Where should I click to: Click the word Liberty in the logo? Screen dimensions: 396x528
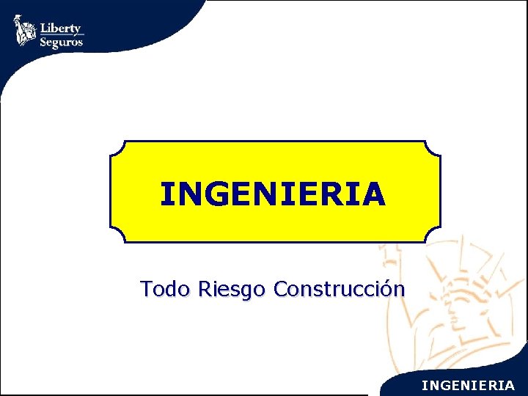pos(61,28)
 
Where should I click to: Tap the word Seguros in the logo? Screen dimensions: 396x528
pos(61,42)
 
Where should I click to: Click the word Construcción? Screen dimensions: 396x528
pos(338,290)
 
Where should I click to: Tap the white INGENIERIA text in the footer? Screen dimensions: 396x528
pos(468,384)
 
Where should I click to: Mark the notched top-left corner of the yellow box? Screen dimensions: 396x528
pos(117,147)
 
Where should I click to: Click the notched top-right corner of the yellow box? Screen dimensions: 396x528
pos(434,147)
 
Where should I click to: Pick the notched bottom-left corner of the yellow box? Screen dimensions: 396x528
pos(117,235)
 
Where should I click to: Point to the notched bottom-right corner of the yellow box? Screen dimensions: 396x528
pos(434,235)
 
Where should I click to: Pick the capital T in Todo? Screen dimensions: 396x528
pos(147,290)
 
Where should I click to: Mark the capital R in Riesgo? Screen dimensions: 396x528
pos(203,290)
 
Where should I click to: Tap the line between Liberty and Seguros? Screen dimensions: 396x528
pos(62,34)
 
